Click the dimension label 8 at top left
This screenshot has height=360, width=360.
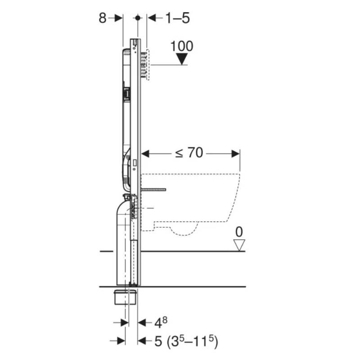point(103,18)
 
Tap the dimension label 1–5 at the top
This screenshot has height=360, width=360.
point(177,18)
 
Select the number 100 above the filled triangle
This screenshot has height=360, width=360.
point(182,46)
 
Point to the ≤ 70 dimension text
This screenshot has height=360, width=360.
point(189,153)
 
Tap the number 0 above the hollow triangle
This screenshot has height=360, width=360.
point(239,232)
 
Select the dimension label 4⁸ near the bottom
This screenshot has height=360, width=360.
point(161,322)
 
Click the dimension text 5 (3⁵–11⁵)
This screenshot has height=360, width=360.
point(186,341)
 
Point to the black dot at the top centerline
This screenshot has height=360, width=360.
point(138,18)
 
